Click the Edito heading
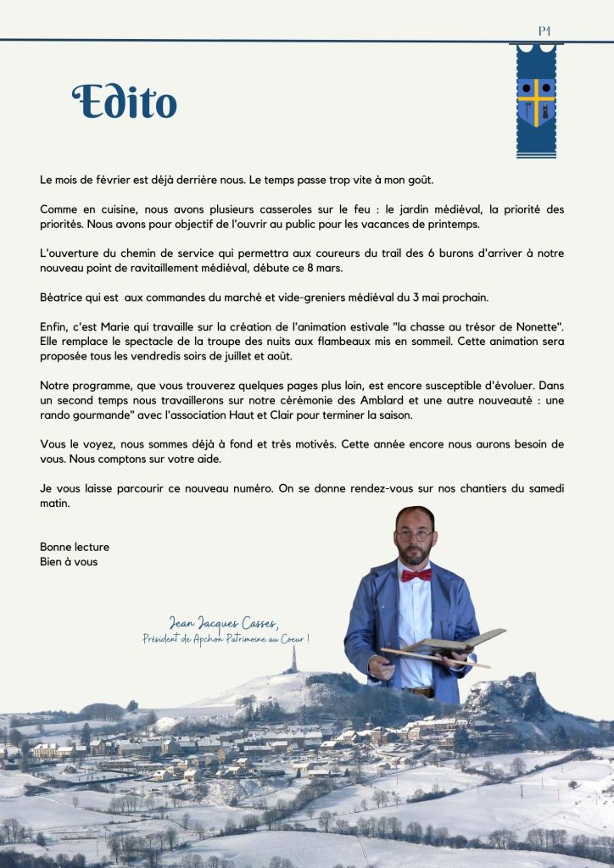[124, 102]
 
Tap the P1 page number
[544, 31]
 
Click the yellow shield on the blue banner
[536, 101]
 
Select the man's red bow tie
[416, 575]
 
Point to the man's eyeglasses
[415, 536]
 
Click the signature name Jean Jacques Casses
[222, 624]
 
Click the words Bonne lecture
[75, 547]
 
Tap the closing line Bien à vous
[69, 561]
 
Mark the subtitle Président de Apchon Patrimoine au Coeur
[226, 638]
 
